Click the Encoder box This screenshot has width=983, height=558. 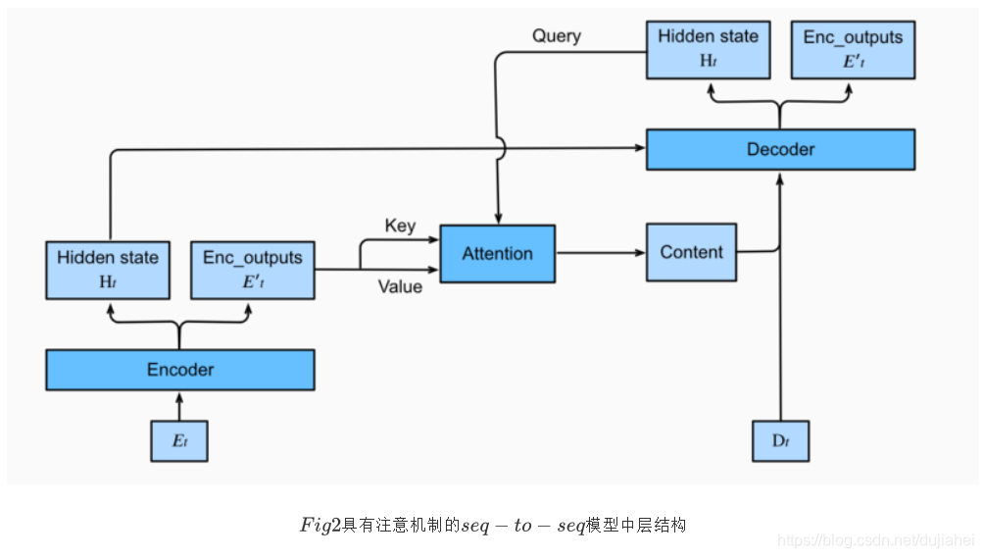pos(180,370)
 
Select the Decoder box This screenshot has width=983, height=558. pos(780,149)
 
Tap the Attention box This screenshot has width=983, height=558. pos(497,253)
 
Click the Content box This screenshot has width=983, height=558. pos(691,253)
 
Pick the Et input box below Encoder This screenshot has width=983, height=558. pos(179,440)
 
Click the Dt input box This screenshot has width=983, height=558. pos(780,440)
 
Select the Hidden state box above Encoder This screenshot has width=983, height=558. pos(108,270)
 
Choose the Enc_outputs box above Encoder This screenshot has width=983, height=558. pos(253,270)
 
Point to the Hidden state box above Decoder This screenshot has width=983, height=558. pos(708,49)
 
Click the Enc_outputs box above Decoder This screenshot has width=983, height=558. pos(853,49)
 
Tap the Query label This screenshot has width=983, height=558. pos(557,36)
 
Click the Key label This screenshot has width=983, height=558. pos(400,226)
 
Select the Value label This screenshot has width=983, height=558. pos(400,286)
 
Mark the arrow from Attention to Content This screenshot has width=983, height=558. pos(600,253)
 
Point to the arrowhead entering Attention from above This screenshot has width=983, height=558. pos(499,219)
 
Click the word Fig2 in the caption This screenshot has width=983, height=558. pos(320,526)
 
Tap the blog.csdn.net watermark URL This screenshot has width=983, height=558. pos(875,539)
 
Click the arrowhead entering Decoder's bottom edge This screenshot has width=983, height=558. pos(780,178)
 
